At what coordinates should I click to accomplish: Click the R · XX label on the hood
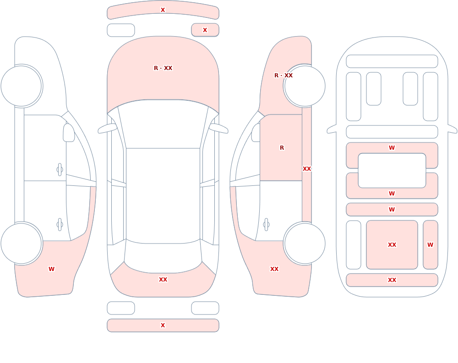[163, 68]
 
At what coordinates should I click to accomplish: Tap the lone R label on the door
[282, 148]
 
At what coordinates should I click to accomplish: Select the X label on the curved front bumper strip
[163, 10]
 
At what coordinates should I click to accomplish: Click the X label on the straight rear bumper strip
[163, 325]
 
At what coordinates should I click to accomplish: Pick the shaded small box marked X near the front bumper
[205, 30]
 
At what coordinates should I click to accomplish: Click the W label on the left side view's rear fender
[51, 269]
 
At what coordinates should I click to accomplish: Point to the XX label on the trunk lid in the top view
[163, 280]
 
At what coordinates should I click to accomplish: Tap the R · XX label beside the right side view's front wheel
[284, 76]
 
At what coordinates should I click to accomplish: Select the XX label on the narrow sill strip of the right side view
[307, 169]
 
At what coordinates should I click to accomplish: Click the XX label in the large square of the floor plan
[392, 245]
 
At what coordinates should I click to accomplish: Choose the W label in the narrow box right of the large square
[430, 245]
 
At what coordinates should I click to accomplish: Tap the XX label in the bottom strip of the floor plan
[392, 280]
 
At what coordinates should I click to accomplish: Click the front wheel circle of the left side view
[22, 86]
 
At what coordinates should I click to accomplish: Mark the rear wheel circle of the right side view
[305, 244]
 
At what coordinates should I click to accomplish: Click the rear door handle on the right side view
[266, 225]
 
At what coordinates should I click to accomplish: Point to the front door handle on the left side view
[60, 170]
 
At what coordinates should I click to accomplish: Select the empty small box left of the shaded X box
[121, 30]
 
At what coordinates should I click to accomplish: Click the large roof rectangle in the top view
[163, 195]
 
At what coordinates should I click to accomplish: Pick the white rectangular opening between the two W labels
[392, 171]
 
